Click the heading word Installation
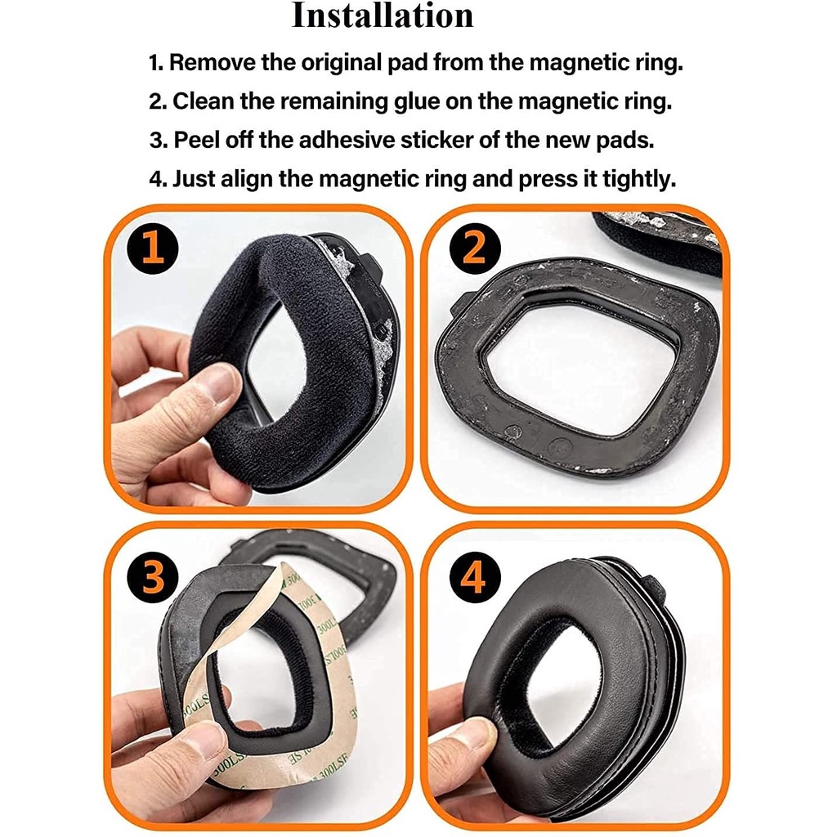pyautogui.click(x=383, y=16)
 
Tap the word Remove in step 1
pyautogui.click(x=213, y=62)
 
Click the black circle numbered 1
pyautogui.click(x=153, y=248)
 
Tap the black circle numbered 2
pyautogui.click(x=475, y=248)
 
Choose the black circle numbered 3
pyautogui.click(x=153, y=577)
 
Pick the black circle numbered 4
pyautogui.click(x=475, y=577)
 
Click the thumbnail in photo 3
pyautogui.click(x=203, y=745)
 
